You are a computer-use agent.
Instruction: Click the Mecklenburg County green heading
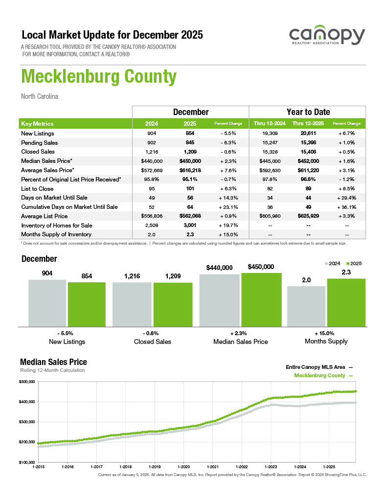tap(98, 77)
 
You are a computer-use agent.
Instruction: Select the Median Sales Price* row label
tap(47, 161)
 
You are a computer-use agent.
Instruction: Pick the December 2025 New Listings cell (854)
tap(191, 133)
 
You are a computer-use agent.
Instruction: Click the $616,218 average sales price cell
tap(191, 170)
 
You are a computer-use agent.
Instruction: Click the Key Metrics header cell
tap(38, 124)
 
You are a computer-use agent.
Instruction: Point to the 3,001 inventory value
tap(191, 226)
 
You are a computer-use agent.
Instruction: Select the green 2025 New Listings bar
tap(87, 304)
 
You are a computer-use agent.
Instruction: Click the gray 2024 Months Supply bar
tap(306, 306)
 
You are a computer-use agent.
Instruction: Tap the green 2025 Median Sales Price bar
tap(261, 299)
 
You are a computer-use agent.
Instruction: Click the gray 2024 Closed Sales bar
tap(132, 304)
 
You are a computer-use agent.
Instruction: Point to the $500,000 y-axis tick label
tap(27, 382)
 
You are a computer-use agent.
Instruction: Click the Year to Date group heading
tap(308, 112)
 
